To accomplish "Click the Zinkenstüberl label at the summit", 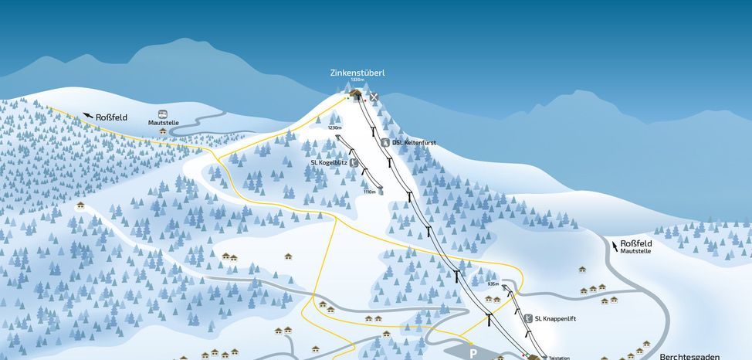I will [357, 73].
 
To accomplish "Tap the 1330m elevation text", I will [357, 80].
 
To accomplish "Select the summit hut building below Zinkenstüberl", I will [356, 94].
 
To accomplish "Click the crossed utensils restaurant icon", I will [374, 97].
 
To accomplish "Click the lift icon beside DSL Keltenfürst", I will [385, 143].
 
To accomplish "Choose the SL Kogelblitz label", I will [328, 163].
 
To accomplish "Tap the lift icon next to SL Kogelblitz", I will [353, 163].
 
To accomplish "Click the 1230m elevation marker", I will [334, 127].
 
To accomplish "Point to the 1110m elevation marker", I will [369, 192].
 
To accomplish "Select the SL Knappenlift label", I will [556, 318].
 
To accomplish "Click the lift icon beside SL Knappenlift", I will [527, 318].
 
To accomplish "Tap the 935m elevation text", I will [494, 284].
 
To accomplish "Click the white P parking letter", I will [473, 352].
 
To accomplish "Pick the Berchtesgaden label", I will [689, 356].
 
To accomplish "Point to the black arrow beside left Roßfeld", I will [88, 116].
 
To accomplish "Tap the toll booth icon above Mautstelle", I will [163, 113].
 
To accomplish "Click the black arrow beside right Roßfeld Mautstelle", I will [615, 246].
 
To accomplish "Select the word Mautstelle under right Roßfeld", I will [635, 251].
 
